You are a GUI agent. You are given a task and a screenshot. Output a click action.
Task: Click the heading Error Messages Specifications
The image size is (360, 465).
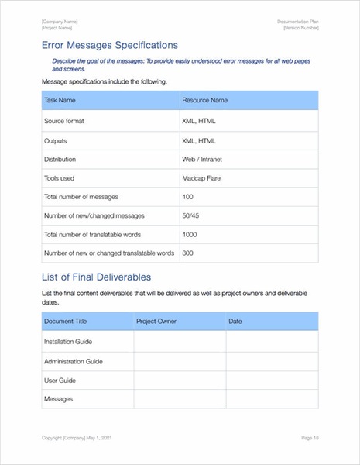click(x=109, y=45)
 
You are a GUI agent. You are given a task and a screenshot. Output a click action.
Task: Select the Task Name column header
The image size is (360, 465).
click(x=60, y=100)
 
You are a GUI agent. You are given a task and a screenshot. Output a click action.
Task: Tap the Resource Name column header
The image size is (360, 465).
click(x=204, y=100)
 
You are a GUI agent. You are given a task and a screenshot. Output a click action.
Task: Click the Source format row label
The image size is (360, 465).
click(x=63, y=122)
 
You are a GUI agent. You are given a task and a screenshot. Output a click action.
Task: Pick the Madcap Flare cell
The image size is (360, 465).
click(x=201, y=177)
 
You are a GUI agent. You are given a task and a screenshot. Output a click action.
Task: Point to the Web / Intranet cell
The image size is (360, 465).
click(x=203, y=159)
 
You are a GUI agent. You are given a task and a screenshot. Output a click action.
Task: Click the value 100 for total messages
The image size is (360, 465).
click(x=187, y=196)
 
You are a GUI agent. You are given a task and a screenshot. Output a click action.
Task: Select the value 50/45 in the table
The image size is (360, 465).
click(x=191, y=215)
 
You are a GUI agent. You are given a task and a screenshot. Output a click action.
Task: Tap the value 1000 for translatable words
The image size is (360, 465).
click(x=189, y=234)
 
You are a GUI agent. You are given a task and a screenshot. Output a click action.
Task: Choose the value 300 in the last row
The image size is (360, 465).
click(x=187, y=253)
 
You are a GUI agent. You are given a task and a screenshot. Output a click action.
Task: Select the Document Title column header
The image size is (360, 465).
click(x=65, y=321)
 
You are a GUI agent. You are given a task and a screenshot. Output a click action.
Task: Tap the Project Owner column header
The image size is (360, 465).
click(x=157, y=321)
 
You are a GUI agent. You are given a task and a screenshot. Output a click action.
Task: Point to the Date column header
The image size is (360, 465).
click(x=235, y=321)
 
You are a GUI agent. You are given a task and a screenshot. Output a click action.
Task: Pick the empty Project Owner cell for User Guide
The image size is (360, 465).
click(x=180, y=380)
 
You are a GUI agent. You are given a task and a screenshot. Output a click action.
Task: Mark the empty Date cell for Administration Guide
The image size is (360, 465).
click(x=271, y=361)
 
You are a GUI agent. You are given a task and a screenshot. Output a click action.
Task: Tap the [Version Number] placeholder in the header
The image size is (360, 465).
click(x=300, y=28)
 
